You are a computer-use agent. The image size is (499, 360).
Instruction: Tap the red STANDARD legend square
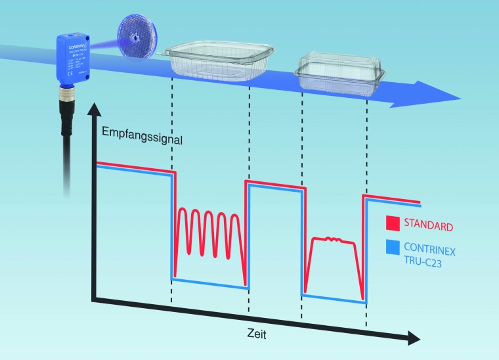pos(393,225)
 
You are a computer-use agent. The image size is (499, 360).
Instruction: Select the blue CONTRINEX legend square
pos(393,247)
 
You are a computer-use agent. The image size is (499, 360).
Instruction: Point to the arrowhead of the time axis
pos(414,338)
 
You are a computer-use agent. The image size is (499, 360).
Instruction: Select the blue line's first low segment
pos(208,283)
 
